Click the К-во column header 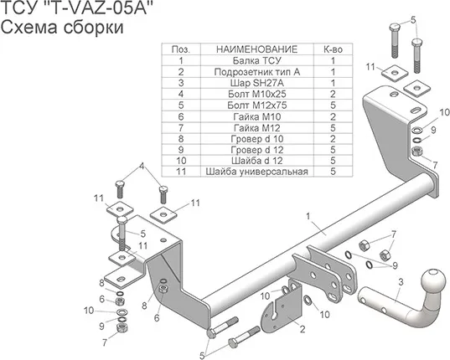click(333, 49)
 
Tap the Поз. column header click(180, 49)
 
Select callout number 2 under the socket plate click(301, 330)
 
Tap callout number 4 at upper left click(142, 166)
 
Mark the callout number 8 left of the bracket click(102, 282)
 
